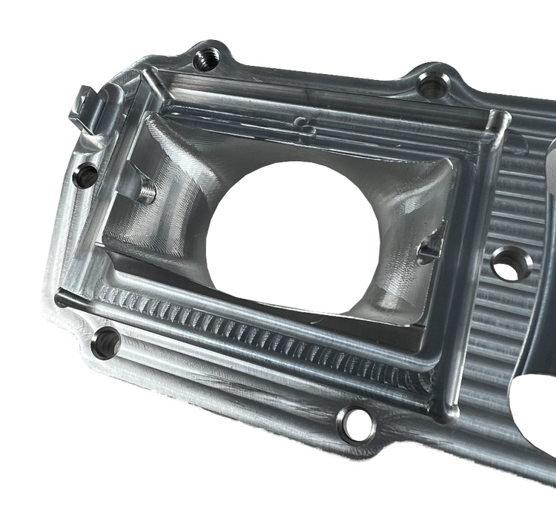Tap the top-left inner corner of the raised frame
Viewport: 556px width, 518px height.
coord(152,74)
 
